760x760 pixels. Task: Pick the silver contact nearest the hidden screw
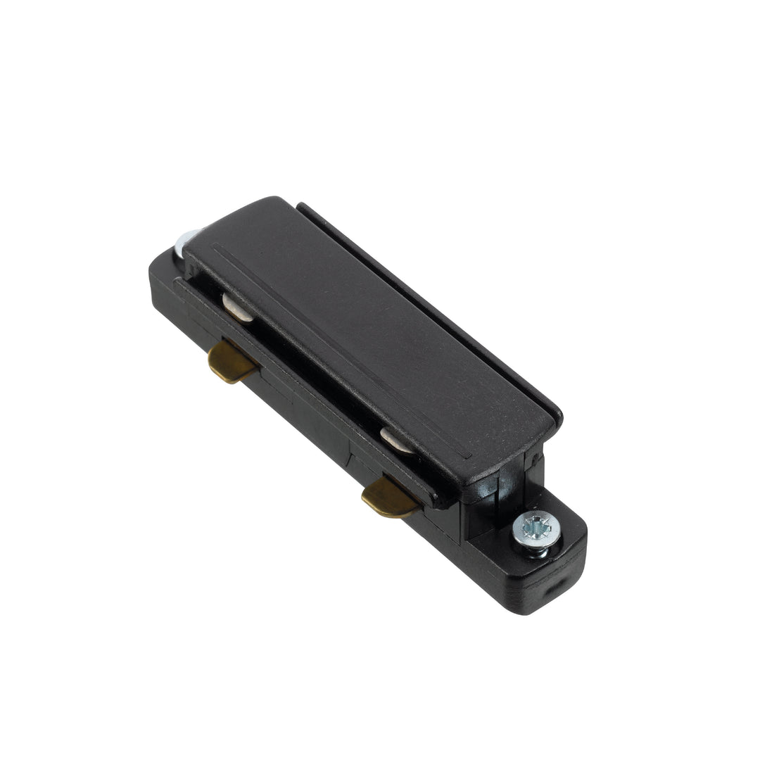click(239, 308)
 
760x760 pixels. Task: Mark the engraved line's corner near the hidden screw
click(213, 247)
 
